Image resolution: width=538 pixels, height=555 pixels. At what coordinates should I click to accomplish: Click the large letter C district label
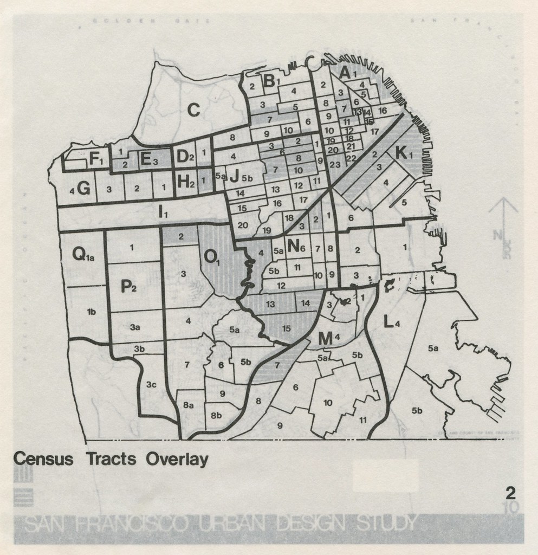click(x=193, y=110)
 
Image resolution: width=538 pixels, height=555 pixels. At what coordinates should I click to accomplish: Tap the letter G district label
click(x=83, y=189)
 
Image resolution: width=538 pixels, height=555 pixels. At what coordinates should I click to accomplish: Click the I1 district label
click(x=163, y=213)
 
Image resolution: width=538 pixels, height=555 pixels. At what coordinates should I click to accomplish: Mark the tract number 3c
click(x=152, y=385)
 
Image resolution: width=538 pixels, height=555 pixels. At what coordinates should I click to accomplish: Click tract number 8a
click(x=189, y=405)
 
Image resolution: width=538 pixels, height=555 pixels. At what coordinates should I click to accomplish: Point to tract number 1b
click(x=91, y=311)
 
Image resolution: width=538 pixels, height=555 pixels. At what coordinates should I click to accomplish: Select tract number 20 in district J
click(x=243, y=225)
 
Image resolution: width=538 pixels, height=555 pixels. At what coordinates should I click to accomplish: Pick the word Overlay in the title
click(x=177, y=459)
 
